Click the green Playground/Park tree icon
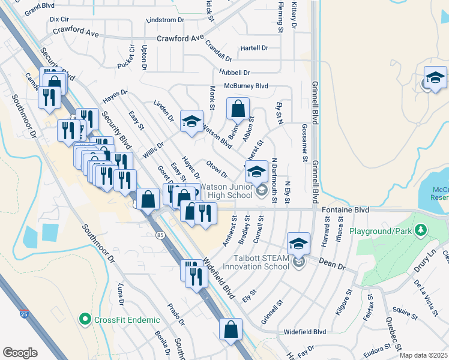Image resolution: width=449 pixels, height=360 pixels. (421, 230)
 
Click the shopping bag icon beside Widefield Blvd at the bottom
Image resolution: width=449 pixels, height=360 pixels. (231, 329)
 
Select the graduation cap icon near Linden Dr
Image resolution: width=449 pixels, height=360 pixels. (192, 122)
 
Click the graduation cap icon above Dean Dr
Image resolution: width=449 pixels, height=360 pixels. (298, 244)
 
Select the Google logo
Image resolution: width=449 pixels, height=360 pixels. (20, 353)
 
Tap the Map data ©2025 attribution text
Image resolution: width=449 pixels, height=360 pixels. (423, 355)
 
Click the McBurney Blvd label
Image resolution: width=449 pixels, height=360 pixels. (246, 86)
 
